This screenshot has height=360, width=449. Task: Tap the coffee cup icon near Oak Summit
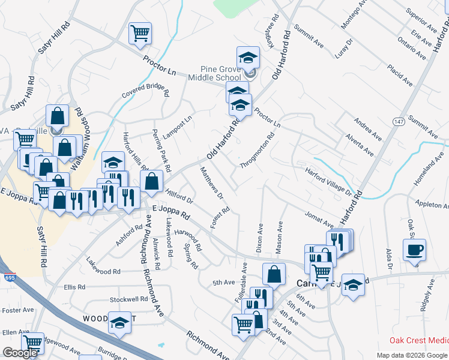[414, 250]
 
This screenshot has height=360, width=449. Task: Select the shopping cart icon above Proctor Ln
[140, 33]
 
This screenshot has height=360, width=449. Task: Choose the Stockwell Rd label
[128, 299]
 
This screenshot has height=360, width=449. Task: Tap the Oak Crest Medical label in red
[418, 340]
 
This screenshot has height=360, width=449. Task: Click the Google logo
[20, 353]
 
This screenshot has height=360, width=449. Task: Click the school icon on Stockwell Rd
[119, 322]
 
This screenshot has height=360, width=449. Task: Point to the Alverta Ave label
[359, 145]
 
